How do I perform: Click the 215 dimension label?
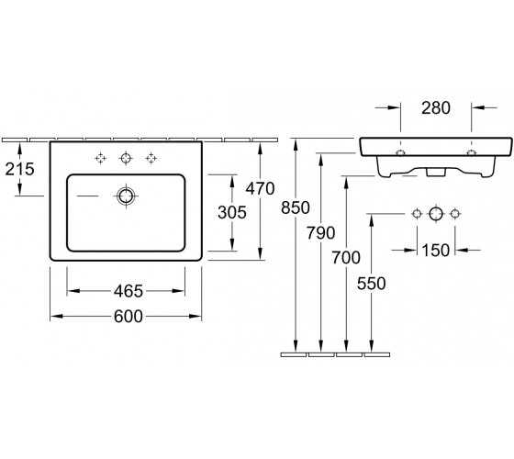pos(19,169)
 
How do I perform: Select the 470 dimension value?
pos(261,188)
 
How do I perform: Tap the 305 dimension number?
pos(232,212)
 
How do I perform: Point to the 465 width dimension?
pos(128,291)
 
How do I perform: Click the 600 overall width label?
pos(128,317)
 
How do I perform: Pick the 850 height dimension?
pos(296,207)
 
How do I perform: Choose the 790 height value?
pos(321,233)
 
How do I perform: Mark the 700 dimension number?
pos(346,257)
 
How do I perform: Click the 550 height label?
pos(372,284)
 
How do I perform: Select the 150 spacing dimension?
pos(436,251)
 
